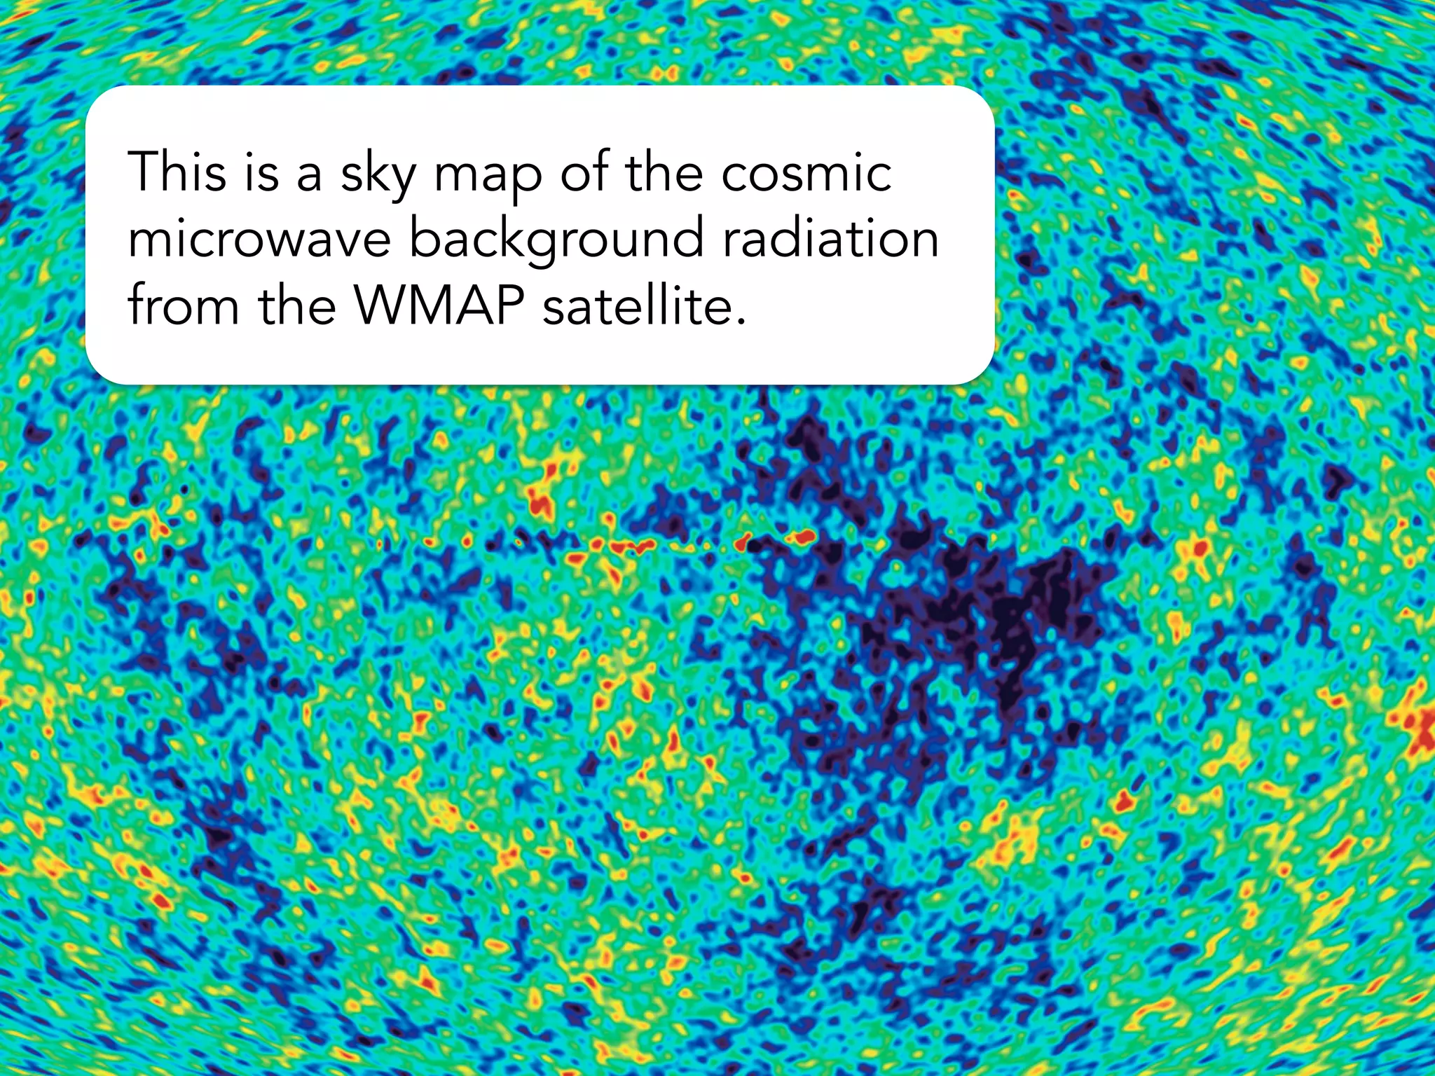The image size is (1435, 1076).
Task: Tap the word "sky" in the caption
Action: (x=378, y=175)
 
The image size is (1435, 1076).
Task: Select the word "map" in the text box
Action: (x=488, y=175)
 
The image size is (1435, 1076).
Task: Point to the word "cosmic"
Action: (x=806, y=172)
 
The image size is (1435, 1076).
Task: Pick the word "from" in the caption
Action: (x=184, y=305)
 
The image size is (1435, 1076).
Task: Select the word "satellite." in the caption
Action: (x=644, y=305)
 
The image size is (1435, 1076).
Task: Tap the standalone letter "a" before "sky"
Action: (x=309, y=175)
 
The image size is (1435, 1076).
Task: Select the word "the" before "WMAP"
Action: (x=297, y=305)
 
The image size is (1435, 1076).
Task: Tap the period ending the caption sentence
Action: (x=741, y=322)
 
